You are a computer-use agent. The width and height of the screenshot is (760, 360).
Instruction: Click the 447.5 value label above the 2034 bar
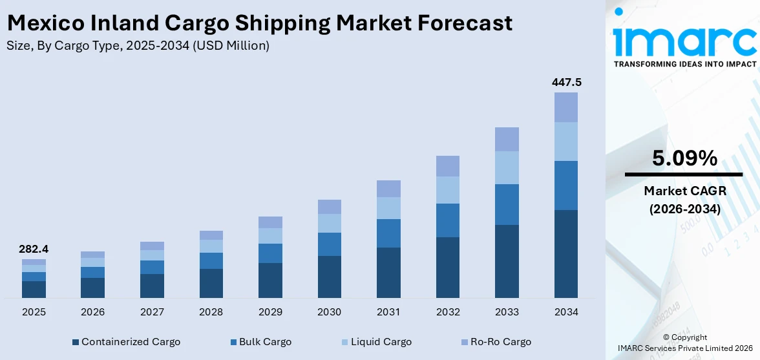566,82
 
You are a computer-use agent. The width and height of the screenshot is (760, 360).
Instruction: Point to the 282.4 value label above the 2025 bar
34,249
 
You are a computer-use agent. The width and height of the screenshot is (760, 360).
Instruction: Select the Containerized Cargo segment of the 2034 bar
566,253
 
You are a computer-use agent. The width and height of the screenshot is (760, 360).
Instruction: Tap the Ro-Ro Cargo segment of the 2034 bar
566,107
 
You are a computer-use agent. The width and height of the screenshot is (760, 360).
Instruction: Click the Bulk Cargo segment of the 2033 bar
507,204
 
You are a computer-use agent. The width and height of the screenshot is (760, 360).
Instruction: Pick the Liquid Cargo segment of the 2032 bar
448,190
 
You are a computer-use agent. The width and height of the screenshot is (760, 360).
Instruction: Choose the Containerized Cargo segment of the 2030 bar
330,277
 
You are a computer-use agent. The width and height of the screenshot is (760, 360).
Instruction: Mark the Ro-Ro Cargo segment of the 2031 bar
388,189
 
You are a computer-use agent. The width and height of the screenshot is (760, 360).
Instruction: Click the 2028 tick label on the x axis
211,312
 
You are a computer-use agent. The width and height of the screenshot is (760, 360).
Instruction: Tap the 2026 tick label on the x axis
93,312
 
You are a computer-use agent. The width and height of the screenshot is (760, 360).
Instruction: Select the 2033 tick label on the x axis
507,312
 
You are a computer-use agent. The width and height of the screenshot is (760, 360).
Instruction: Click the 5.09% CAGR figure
684,158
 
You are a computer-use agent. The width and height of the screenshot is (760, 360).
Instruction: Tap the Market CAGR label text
684,191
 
